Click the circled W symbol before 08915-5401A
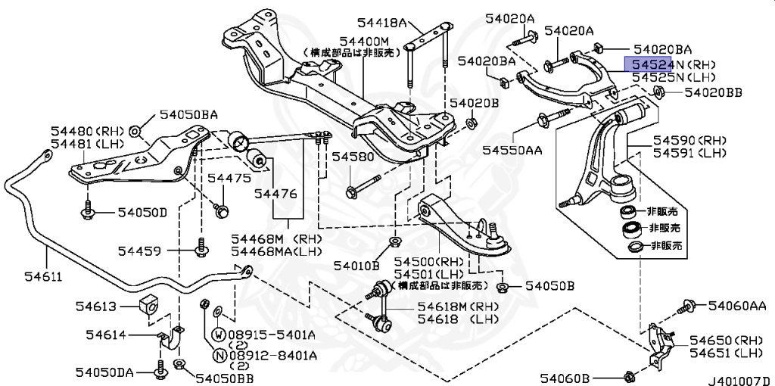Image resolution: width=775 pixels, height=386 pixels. [217, 334]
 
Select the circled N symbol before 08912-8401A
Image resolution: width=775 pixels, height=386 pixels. [217, 354]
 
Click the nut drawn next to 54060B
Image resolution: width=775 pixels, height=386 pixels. [629, 375]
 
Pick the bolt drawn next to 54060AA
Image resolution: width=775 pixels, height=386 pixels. [688, 306]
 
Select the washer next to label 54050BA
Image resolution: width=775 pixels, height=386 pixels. [135, 132]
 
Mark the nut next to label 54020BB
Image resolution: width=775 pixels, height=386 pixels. [658, 93]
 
